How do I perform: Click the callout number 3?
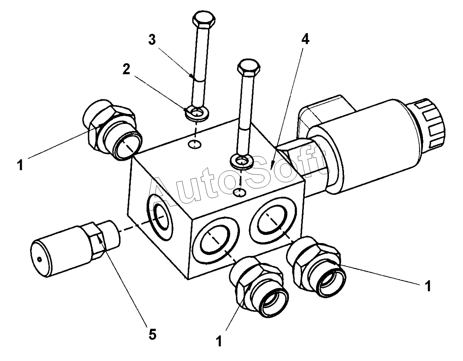[152, 40]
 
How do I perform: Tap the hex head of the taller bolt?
[204, 20]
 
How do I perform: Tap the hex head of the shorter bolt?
[248, 68]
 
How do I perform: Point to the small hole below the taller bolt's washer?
[194, 144]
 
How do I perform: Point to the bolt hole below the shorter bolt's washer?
[240, 192]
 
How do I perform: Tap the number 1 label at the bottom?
[219, 341]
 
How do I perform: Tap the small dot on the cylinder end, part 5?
[39, 259]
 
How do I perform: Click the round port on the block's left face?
[160, 217]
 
